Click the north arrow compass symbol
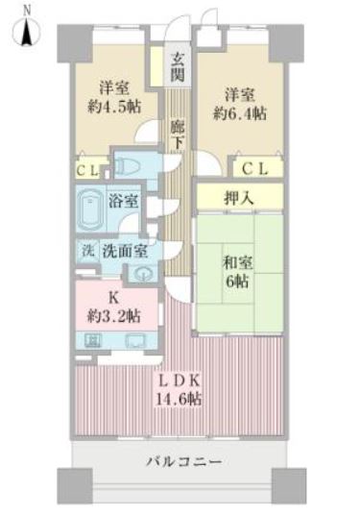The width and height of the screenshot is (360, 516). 26,32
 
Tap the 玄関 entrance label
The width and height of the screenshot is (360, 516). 178,67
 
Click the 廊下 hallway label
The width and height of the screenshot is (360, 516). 178,135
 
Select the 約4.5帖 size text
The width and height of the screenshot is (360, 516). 114,107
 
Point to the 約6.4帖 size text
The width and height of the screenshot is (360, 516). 240,113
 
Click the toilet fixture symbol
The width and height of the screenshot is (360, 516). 127,166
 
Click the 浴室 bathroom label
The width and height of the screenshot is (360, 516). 123,201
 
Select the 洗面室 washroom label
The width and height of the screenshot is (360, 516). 125,251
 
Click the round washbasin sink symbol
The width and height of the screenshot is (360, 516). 143,274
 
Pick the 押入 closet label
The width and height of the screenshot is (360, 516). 239,198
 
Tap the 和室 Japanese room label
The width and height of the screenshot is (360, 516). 237,263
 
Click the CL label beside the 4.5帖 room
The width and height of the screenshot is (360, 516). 87,170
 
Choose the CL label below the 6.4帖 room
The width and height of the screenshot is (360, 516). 255,169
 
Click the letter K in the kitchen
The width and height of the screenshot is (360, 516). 113,298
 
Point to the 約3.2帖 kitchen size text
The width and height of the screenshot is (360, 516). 114,316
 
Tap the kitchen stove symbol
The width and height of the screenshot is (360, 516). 93,340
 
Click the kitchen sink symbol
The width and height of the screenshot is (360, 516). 136,340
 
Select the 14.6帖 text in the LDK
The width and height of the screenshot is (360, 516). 179,399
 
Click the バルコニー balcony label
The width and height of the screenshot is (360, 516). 184,461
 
